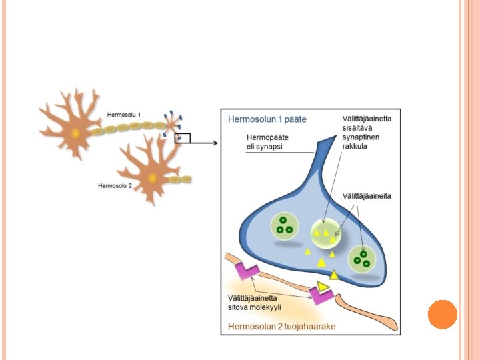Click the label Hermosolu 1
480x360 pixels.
point(124,115)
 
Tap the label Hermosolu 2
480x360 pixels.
point(115,186)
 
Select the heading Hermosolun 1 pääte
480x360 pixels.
point(267,119)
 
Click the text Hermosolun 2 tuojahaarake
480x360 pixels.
point(281,326)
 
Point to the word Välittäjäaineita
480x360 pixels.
point(367,196)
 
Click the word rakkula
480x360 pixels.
point(355,146)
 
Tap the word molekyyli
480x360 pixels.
point(266,307)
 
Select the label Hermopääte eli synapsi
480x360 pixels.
point(267,142)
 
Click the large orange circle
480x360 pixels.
point(443,315)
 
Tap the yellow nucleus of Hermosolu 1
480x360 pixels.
point(75,133)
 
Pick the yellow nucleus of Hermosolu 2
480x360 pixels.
point(153,178)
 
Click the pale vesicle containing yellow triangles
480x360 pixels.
point(325,233)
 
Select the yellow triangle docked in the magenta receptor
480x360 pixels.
point(323,287)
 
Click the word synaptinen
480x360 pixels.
point(361,137)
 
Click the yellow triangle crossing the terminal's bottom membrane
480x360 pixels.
point(334,275)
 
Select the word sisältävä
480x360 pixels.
point(357,127)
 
